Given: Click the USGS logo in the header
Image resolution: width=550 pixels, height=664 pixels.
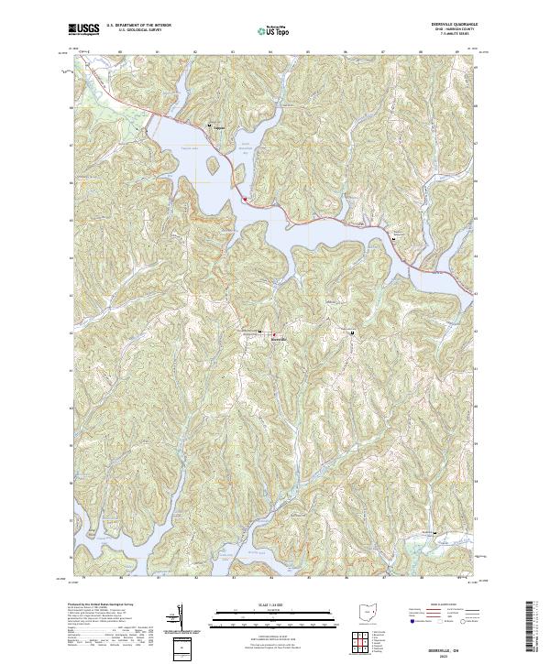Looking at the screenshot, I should [83, 30].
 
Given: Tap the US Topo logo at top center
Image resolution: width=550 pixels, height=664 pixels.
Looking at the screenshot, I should [276, 30].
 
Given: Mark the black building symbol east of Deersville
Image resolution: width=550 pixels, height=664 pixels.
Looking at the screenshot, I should [353, 332].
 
